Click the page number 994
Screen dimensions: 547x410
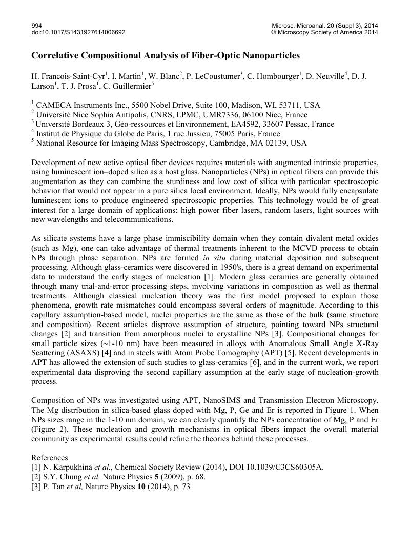pos(36,25)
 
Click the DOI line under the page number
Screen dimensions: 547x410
pos(78,32)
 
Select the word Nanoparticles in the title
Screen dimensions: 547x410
pos(263,55)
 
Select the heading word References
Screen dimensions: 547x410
pos(50,457)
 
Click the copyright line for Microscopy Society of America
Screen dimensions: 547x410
pos(324,32)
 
